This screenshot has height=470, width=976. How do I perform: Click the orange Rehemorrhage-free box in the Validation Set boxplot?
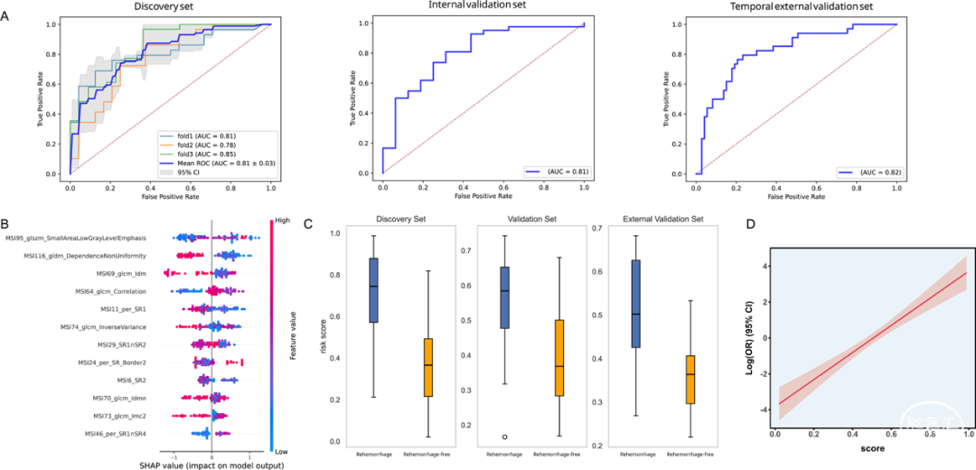pos(561,358)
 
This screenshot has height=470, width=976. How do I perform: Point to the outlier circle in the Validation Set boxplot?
pos(504,437)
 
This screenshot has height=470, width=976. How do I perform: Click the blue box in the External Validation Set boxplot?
pos(637,304)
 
